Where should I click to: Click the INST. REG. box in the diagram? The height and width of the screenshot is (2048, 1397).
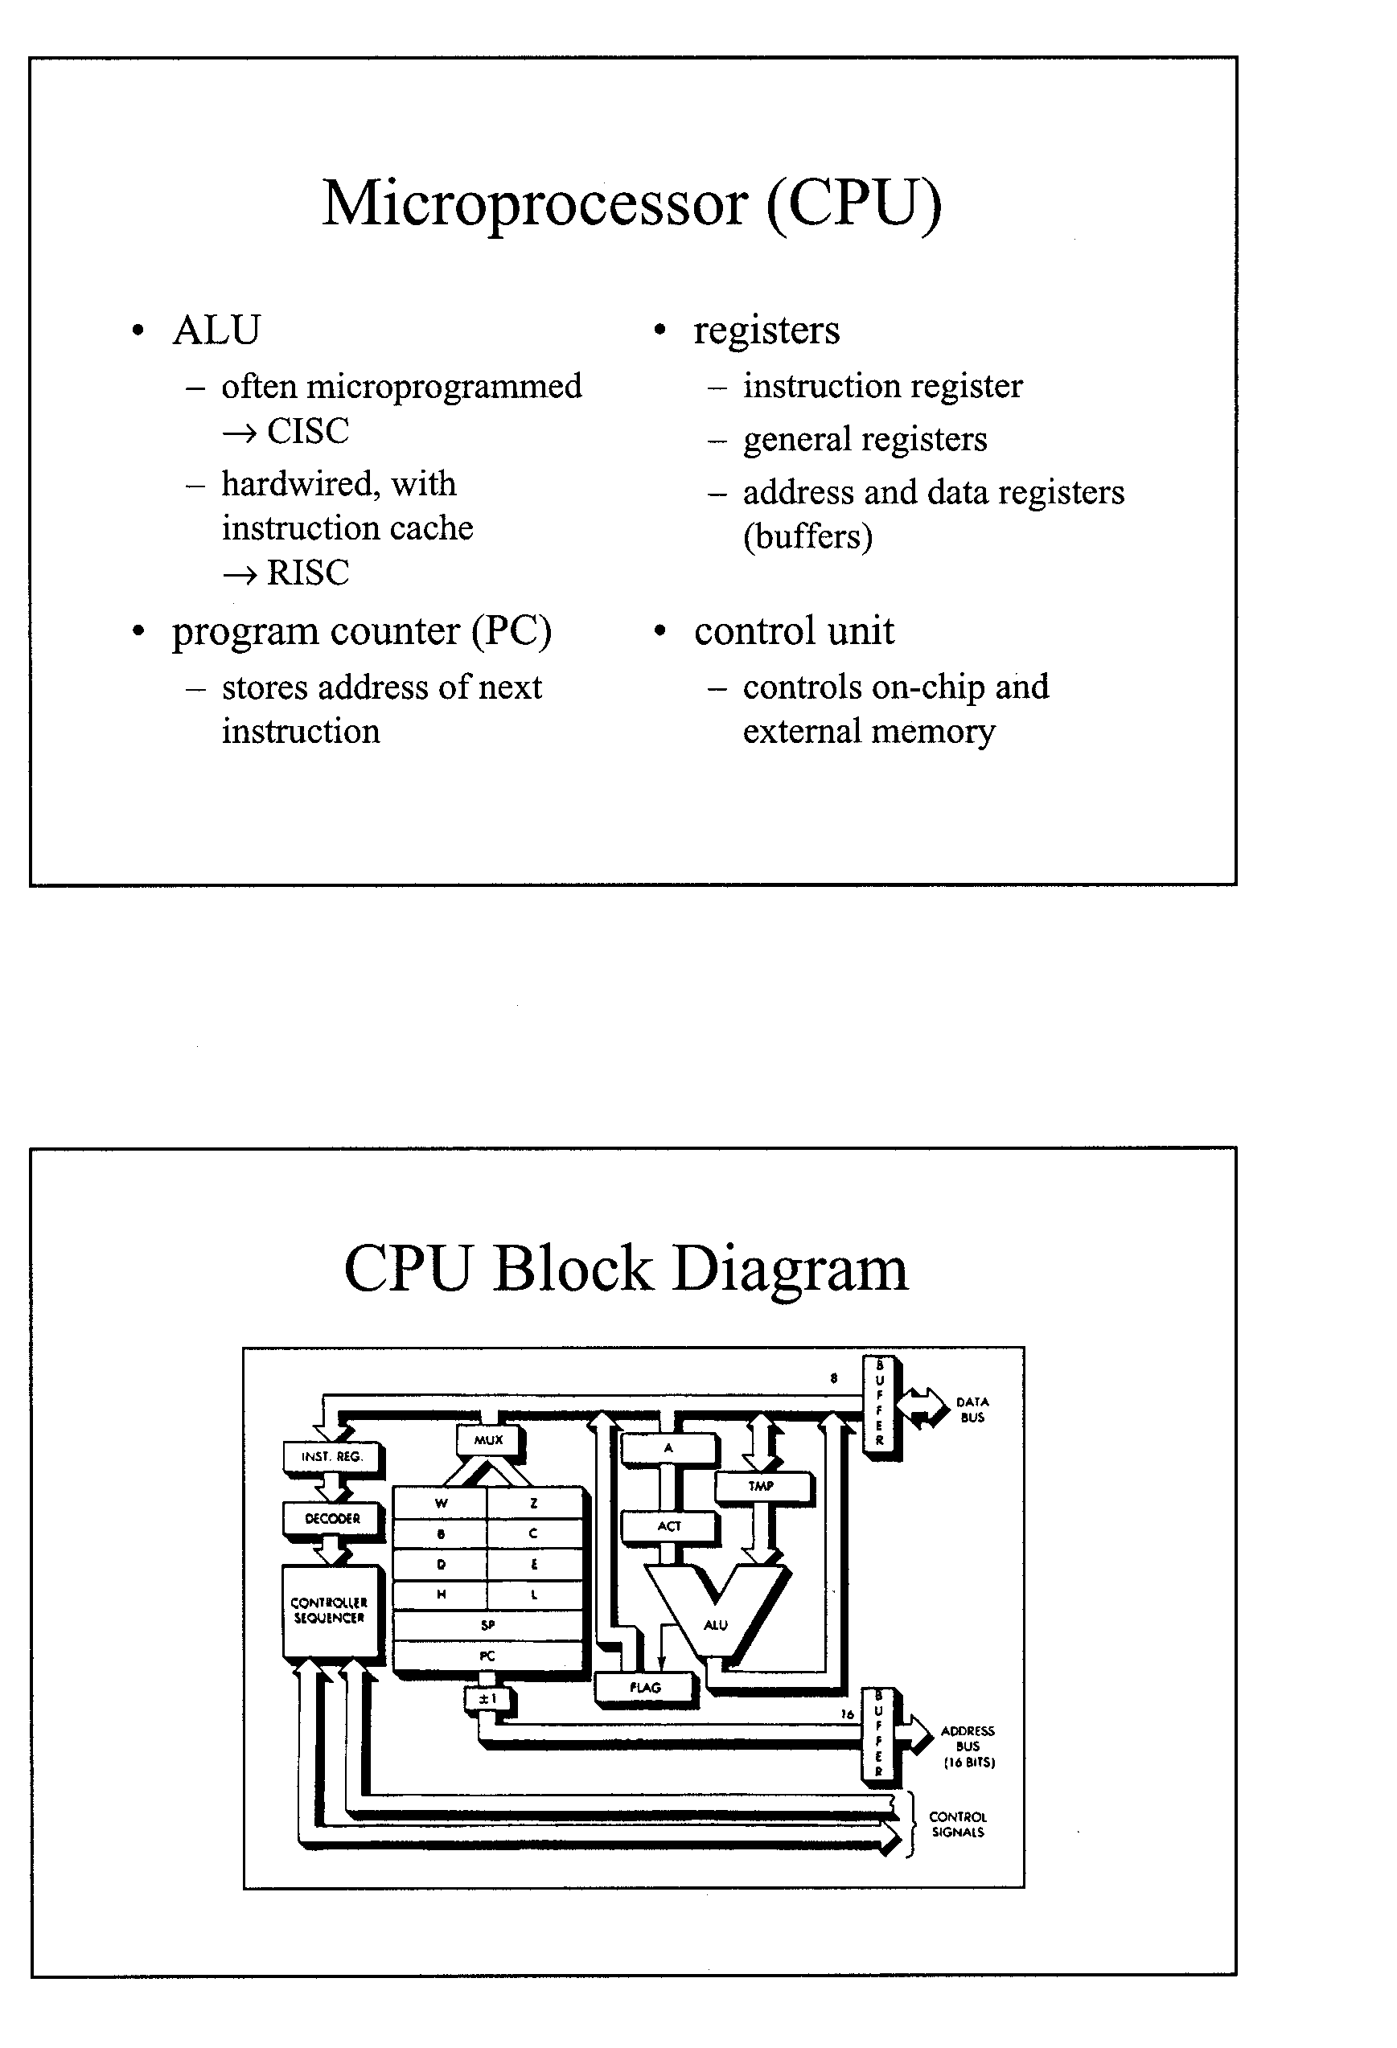332,1457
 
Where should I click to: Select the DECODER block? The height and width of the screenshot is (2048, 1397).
332,1518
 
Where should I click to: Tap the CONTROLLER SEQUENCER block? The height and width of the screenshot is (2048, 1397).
330,1611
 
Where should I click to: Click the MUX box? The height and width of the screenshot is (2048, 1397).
488,1440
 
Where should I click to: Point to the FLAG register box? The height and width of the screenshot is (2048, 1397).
645,1687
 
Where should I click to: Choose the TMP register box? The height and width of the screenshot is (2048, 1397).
762,1486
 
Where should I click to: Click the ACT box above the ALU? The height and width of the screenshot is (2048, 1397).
669,1525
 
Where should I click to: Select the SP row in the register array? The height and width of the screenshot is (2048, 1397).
487,1624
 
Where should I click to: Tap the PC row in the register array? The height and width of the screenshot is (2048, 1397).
487,1655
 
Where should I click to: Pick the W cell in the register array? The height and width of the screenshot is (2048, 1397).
441,1503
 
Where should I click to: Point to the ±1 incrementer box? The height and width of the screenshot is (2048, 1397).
487,1698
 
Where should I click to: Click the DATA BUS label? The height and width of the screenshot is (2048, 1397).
972,1409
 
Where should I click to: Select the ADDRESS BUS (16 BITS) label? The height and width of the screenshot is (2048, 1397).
968,1746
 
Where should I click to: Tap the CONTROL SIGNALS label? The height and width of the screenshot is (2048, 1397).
958,1824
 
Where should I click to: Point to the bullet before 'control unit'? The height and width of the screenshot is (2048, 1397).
659,631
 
